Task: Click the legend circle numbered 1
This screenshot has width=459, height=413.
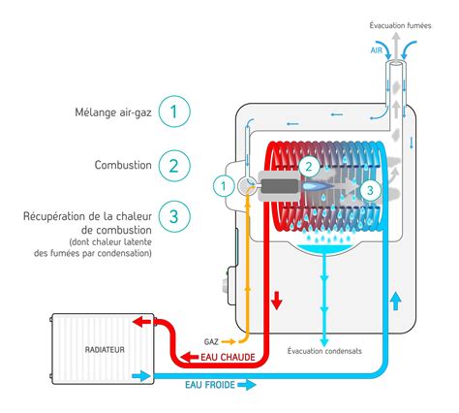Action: coord(173,111)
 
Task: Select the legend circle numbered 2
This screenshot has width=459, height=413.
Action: coord(173,165)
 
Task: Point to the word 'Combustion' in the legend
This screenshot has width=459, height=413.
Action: coord(124,165)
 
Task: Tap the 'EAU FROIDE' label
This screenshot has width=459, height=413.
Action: coord(213,385)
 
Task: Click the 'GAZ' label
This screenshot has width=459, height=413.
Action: coord(211,341)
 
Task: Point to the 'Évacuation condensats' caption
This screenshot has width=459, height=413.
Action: coord(324,349)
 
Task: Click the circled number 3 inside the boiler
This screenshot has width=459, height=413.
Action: coord(369,191)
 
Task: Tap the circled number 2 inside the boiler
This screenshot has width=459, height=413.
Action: coord(308,166)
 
